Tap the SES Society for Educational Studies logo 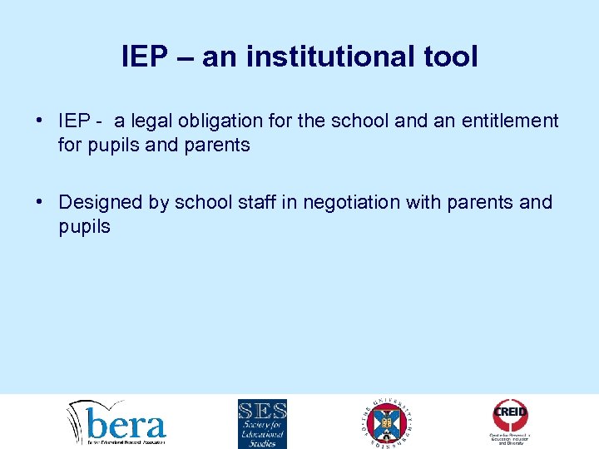click(262, 423)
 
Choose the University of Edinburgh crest click(388, 422)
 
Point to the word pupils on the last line click(84, 227)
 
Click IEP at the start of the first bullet click(74, 121)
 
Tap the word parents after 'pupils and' click(219, 146)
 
